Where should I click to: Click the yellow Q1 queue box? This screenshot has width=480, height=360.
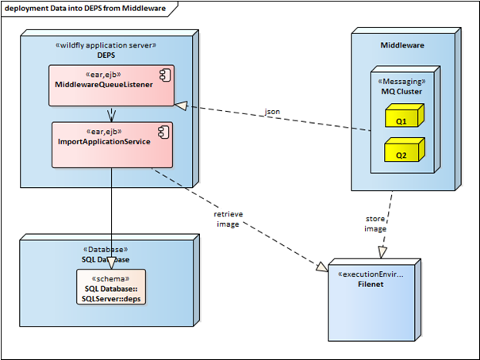coord(405,116)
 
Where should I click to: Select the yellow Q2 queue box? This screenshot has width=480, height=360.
coord(405,150)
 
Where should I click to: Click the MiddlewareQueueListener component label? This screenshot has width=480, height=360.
coord(104,85)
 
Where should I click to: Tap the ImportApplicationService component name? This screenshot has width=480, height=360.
coord(104,142)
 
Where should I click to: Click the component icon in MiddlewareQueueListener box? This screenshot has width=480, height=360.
coord(165,75)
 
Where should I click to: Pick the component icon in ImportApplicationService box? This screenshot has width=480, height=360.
coord(163,132)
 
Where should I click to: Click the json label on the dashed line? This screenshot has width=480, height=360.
coord(272,112)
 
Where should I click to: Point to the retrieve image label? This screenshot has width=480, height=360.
coord(228,219)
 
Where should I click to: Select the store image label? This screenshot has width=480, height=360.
coord(375,224)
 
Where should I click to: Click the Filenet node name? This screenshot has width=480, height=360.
coord(371,284)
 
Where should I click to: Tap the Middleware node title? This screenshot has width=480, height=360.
coord(402,45)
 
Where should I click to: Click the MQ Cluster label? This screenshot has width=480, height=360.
coord(401,91)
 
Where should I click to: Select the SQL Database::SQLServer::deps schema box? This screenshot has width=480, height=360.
coord(111,287)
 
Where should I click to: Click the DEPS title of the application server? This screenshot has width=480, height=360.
coord(106,56)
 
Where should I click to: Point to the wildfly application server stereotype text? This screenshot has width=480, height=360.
coord(106,45)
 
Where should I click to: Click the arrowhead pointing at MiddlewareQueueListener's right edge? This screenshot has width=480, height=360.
coord(181,105)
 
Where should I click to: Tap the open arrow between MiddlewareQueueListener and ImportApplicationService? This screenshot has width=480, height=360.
coord(111,114)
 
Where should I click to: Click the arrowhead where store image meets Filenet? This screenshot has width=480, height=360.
coord(382,253)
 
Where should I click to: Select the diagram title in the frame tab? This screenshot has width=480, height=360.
coord(86,8)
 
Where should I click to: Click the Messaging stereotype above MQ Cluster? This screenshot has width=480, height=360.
coord(401,82)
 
